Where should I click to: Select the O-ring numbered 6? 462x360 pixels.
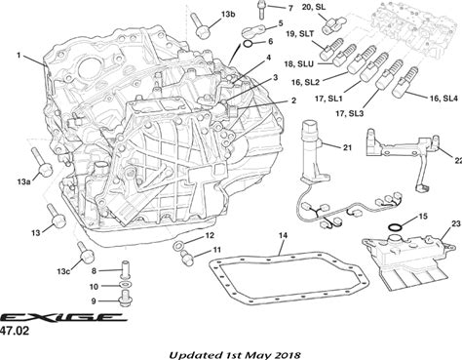pyautogui.click(x=248, y=44)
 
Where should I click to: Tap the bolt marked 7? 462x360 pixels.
pyautogui.click(x=260, y=9)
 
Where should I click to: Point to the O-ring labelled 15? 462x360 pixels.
pyautogui.click(x=395, y=227)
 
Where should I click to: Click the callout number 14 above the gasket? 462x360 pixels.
pyautogui.click(x=283, y=235)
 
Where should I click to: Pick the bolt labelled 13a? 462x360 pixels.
pyautogui.click(x=40, y=162)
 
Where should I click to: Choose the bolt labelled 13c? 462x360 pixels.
pyautogui.click(x=85, y=253)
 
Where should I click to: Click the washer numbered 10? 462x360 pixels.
pyautogui.click(x=125, y=285)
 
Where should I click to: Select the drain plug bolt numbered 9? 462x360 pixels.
pyautogui.click(x=125, y=299)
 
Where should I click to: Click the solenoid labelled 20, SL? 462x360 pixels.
pyautogui.click(x=330, y=25)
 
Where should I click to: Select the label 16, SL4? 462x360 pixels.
pyautogui.click(x=443, y=98)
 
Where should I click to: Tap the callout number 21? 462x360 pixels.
pyautogui.click(x=347, y=147)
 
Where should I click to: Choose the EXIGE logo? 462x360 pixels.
pyautogui.click(x=63, y=317)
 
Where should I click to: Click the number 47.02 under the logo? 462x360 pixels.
pyautogui.click(x=15, y=331)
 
